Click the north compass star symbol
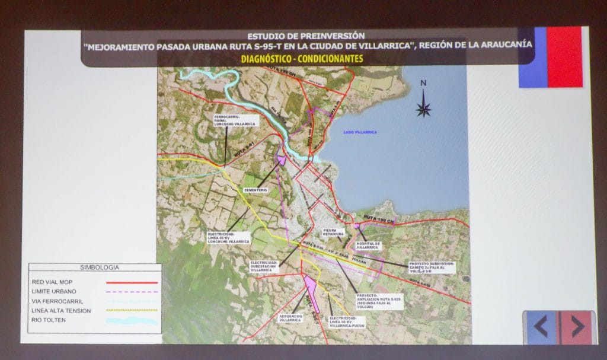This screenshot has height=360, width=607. coord(424,108)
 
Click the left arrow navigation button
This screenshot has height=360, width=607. coord(541,327)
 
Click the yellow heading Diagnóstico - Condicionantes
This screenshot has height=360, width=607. coord(302,59)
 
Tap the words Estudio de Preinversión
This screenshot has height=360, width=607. coord(306,36)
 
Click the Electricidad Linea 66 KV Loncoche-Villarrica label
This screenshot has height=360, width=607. coord(229,238)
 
